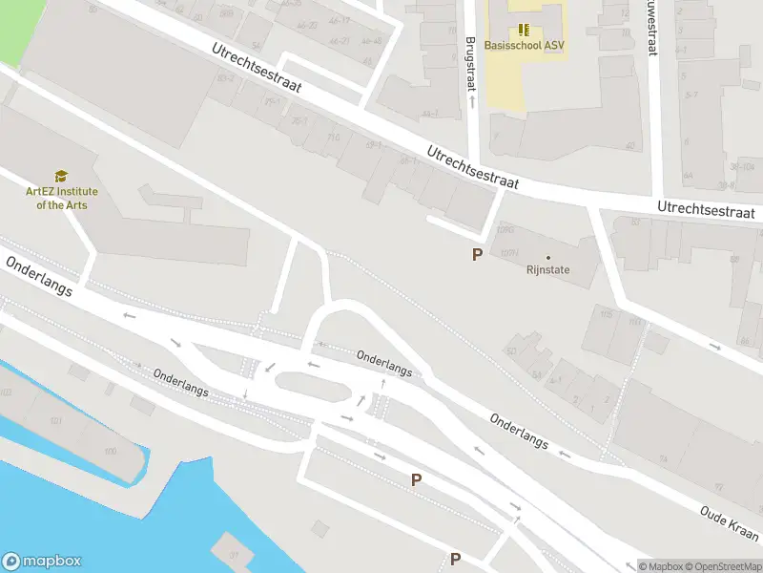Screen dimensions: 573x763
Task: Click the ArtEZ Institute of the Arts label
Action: click(61, 198)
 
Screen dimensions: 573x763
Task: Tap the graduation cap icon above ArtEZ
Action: click(61, 177)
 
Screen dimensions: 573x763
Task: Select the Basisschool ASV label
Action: click(524, 45)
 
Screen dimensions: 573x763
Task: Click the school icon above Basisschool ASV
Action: click(523, 30)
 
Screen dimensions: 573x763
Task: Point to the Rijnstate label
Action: click(547, 269)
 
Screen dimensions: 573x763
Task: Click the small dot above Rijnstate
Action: click(547, 257)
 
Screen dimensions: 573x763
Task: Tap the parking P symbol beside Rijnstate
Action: click(477, 254)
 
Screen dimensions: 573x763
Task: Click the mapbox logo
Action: click(41, 562)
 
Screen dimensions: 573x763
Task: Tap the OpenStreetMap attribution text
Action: click(723, 566)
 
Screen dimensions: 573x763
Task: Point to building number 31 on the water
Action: click(234, 552)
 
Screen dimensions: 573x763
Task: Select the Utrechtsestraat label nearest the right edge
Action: click(706, 209)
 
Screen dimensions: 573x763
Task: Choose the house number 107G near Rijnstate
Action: click(505, 230)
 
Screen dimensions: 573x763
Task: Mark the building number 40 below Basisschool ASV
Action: click(630, 145)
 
